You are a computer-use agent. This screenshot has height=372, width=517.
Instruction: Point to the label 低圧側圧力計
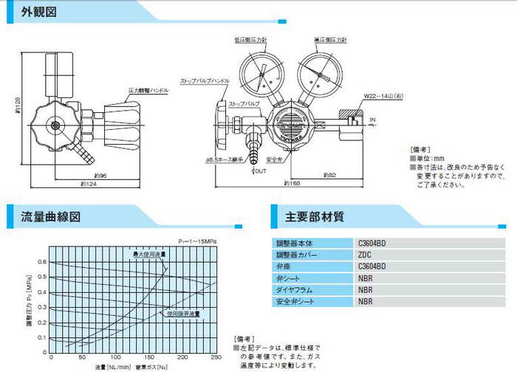click(258, 38)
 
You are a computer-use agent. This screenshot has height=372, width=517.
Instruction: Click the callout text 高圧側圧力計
click(324, 38)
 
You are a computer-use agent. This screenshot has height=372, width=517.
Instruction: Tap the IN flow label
click(374, 118)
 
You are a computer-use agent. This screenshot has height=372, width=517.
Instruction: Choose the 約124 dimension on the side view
click(83, 184)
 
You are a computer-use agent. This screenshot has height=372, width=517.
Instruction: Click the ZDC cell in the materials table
click(364, 254)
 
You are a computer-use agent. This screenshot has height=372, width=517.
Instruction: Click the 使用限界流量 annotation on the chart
click(184, 314)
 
